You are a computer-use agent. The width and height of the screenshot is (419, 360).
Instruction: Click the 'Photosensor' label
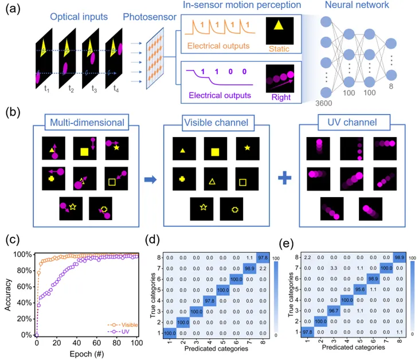click(x=150, y=17)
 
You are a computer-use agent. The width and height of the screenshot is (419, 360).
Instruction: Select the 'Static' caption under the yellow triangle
click(x=279, y=49)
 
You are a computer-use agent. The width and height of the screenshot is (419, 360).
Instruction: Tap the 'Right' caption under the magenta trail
click(x=281, y=97)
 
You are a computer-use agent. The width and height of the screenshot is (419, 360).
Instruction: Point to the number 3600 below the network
click(x=324, y=103)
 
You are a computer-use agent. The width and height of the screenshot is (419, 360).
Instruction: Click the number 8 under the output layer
click(x=391, y=87)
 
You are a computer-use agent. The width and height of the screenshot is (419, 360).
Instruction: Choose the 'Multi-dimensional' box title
click(x=87, y=123)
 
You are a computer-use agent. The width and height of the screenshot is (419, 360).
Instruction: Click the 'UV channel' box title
click(x=352, y=123)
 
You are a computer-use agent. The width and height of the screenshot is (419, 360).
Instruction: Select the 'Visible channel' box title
click(x=217, y=123)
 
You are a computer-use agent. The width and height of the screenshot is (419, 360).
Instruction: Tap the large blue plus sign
click(x=285, y=178)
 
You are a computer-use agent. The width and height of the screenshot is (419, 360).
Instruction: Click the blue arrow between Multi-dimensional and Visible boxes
click(x=150, y=179)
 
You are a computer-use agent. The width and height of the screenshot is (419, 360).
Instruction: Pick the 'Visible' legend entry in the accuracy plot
click(x=130, y=324)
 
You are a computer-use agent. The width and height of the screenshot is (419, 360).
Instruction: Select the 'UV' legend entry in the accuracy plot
click(x=126, y=332)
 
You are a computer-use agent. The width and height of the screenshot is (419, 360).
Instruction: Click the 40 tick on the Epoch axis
click(x=77, y=343)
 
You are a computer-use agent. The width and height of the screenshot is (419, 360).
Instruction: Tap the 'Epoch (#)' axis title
click(x=87, y=354)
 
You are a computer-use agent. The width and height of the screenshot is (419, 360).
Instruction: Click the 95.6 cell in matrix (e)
click(x=360, y=289)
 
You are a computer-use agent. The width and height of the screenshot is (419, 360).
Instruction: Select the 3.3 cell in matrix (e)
click(x=334, y=268)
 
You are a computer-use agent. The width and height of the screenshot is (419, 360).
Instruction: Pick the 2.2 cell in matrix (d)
click(x=263, y=269)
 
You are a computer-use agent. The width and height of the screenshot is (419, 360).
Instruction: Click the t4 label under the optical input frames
click(x=116, y=88)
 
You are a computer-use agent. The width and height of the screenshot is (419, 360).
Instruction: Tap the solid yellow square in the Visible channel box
click(x=215, y=152)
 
